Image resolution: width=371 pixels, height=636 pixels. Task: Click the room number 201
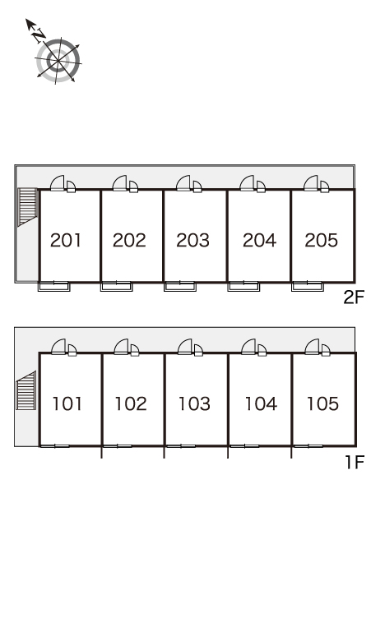coord(66,240)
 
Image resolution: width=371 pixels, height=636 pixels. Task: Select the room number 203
coord(192,240)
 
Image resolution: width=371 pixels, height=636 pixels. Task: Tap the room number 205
coord(321,240)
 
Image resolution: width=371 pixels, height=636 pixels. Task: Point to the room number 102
coord(131,403)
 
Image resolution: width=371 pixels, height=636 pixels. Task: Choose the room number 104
coord(261,403)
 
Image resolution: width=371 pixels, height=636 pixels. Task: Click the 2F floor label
coord(354,297)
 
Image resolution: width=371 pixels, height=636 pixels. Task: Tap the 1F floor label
coord(355,462)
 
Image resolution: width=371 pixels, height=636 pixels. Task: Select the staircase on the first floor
coord(26,390)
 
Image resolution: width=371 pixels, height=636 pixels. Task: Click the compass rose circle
coord(58,61)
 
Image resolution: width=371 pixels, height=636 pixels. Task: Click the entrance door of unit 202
coord(119,183)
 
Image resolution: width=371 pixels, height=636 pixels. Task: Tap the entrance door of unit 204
coord(247,183)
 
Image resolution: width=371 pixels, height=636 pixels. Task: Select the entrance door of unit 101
coord(58,347)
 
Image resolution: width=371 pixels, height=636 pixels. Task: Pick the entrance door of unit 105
coord(312,347)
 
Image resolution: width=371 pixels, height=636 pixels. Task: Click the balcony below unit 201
coord(54,286)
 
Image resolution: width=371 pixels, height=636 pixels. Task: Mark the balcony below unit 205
coord(308,286)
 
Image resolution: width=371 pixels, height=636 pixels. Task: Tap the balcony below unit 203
coord(180,286)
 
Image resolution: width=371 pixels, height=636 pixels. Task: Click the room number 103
coord(194,403)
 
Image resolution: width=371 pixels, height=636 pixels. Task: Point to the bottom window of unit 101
coord(55,446)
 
